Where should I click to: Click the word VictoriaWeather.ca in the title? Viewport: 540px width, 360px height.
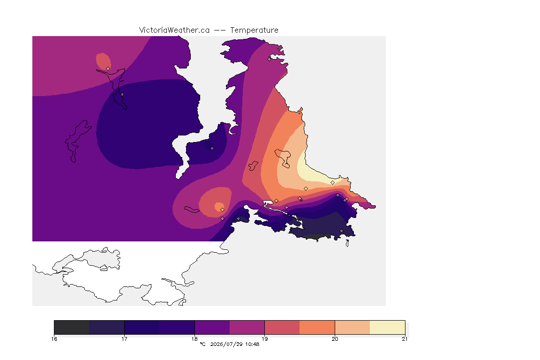point(174,30)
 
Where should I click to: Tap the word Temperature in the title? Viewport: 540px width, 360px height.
point(254,30)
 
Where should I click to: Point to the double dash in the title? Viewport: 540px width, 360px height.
point(220,30)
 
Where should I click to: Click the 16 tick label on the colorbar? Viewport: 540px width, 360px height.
point(54,339)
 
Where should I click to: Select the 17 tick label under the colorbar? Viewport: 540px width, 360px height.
point(124,339)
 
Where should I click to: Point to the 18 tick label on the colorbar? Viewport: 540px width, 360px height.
point(195,339)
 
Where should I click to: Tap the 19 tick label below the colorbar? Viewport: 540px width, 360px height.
point(264,339)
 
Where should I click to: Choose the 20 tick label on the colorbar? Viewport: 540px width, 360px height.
point(335,339)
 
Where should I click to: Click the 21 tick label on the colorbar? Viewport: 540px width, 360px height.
point(405,339)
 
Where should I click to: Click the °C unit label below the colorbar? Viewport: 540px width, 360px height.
point(202,344)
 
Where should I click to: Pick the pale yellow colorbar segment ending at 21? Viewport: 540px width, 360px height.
point(388,327)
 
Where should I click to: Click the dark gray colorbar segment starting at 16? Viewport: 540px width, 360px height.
point(72,327)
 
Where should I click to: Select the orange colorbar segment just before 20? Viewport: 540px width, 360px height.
point(317,327)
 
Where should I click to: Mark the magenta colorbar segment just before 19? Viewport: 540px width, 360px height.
point(247,327)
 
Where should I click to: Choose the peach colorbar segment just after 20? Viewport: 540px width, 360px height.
point(352,327)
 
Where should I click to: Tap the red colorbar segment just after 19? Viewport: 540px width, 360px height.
point(282,327)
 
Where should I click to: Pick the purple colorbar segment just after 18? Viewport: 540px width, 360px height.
point(212,327)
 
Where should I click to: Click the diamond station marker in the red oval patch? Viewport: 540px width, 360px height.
point(108,68)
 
